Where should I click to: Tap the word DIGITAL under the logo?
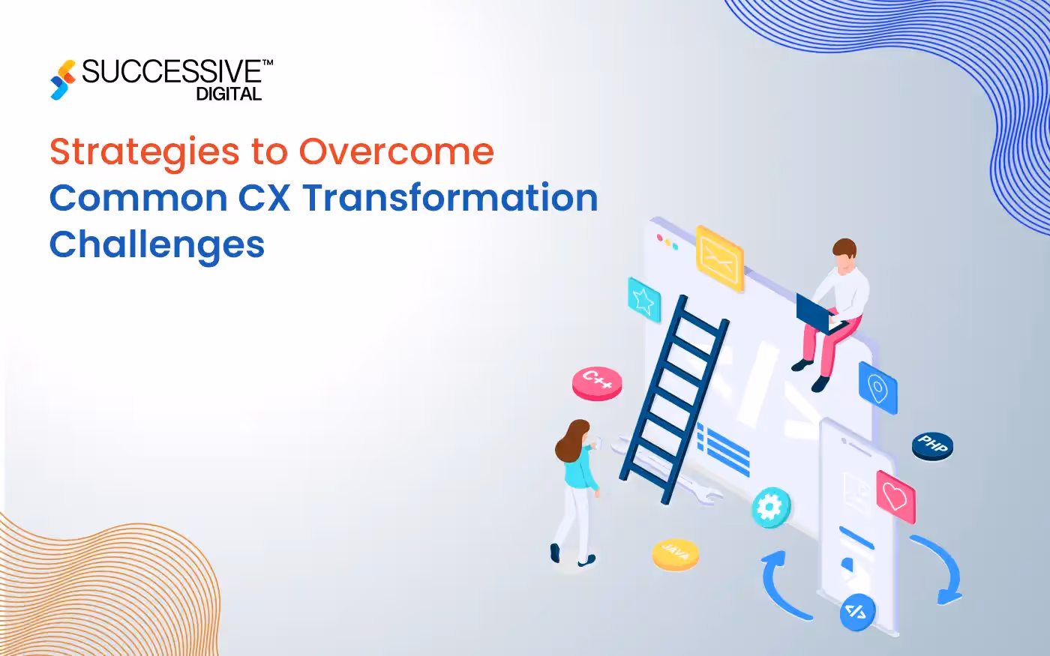(229, 94)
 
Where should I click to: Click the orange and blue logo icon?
(63, 79)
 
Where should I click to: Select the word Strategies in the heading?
(144, 153)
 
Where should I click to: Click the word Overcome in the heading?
(397, 152)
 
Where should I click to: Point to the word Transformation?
(450, 199)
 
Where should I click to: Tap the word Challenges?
(157, 245)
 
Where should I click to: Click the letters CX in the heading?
(264, 199)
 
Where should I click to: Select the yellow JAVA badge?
(675, 554)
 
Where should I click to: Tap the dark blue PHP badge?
(932, 445)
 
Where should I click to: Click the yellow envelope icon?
(718, 257)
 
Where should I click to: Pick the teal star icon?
(643, 300)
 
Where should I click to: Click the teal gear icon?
(771, 508)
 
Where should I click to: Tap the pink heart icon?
(895, 496)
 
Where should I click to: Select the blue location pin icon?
(877, 388)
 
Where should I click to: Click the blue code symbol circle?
(857, 611)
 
